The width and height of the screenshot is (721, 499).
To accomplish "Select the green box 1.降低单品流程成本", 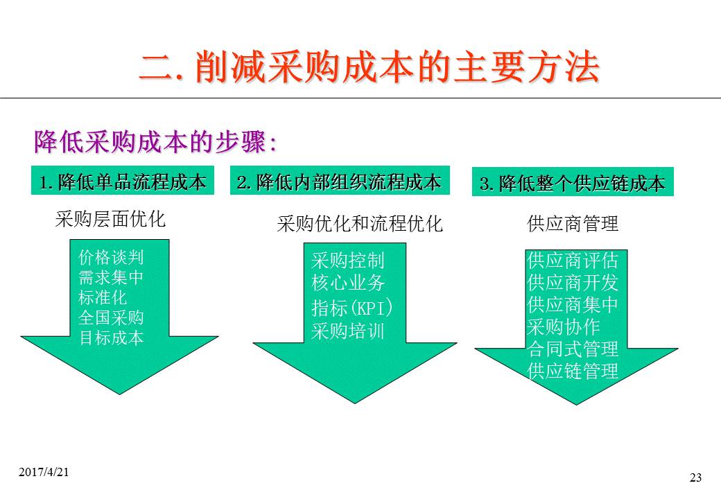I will (123, 182).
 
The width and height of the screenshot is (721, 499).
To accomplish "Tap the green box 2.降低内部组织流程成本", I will (339, 182).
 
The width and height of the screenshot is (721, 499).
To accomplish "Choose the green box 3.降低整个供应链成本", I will (573, 184).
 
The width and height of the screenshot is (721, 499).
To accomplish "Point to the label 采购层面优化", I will (111, 220).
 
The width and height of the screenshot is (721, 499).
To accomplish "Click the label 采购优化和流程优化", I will (359, 224).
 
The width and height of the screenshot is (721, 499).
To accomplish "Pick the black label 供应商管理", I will (573, 224).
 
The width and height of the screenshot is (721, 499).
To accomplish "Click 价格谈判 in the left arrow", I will (111, 259).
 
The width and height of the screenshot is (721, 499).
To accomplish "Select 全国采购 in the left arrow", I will (111, 318).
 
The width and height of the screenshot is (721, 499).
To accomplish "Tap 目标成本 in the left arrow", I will (111, 338).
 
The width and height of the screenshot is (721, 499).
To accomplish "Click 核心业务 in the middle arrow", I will (348, 283).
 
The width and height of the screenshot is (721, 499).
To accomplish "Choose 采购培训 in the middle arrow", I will (348, 331).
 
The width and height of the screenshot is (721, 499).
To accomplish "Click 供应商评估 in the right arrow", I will (573, 261).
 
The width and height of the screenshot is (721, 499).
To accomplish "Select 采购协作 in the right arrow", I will (564, 326).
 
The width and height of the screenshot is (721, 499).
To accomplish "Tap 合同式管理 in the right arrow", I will (573, 349).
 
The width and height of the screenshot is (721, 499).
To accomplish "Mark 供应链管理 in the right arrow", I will (573, 371).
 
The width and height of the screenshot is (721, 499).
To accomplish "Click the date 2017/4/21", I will (44, 471).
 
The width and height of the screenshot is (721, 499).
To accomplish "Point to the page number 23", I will (696, 477).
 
